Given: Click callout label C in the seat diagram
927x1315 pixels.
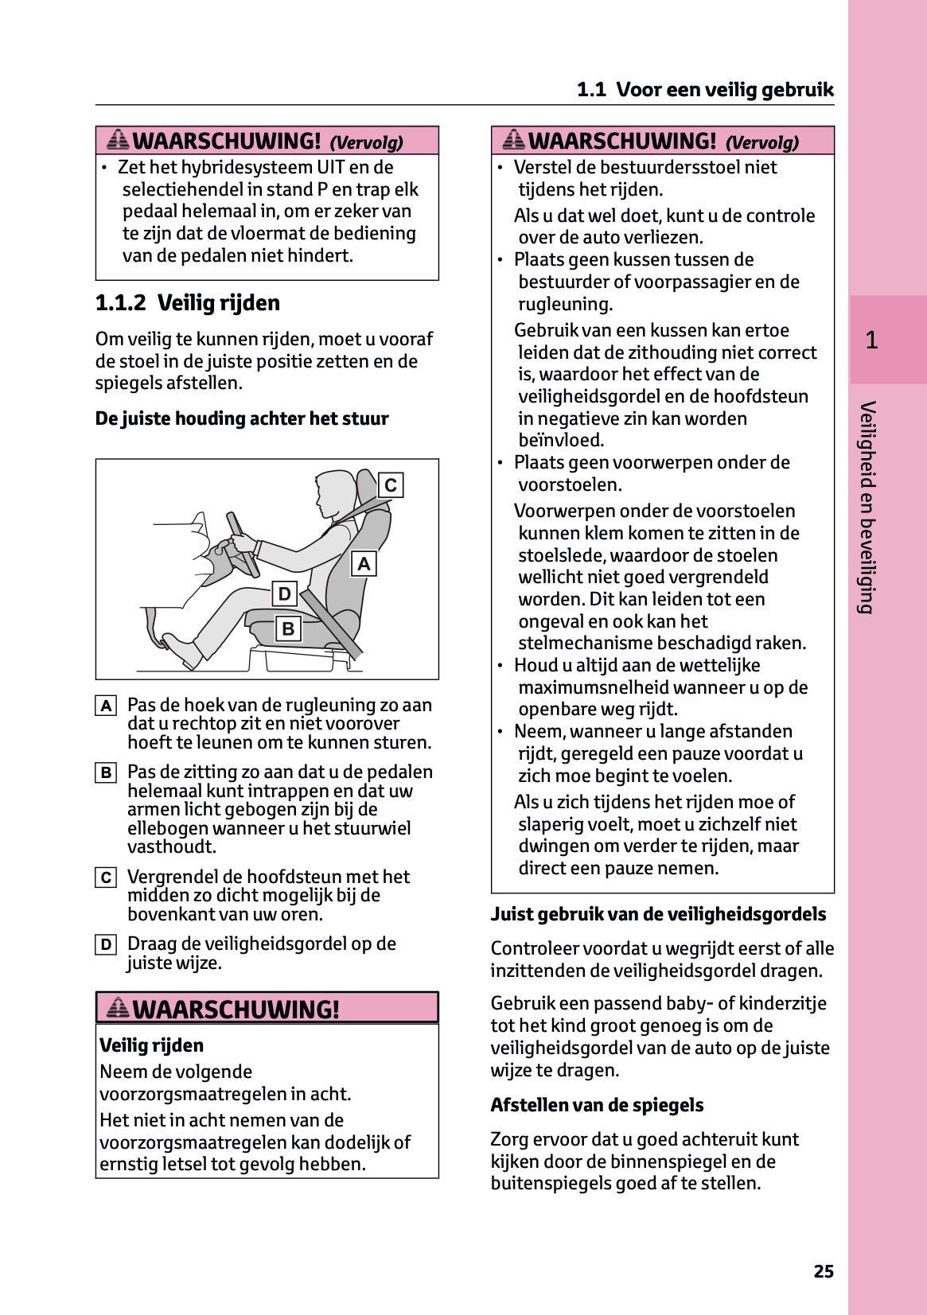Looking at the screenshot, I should [391, 485].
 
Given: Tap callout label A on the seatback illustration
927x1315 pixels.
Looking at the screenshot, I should [364, 564].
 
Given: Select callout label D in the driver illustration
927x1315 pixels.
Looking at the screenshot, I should [284, 594].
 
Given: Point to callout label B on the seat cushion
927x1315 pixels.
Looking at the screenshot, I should [288, 628].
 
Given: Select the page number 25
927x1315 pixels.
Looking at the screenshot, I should [824, 1271].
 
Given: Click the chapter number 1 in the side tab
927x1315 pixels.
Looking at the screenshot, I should [871, 340].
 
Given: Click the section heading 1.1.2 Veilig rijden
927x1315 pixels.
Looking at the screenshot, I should [188, 303].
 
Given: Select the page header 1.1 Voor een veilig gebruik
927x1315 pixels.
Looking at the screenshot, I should [705, 90].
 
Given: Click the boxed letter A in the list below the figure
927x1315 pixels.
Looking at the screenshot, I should [106, 706].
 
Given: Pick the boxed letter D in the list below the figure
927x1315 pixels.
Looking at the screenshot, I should [106, 944].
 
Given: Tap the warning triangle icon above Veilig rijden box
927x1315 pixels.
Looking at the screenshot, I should [118, 1008].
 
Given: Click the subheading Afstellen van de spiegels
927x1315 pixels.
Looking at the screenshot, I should [597, 1105].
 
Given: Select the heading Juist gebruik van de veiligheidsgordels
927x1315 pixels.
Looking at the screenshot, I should [658, 915].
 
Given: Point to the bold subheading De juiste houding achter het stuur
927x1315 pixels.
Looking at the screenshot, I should [242, 418].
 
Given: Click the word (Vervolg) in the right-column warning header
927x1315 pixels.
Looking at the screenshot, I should [761, 142].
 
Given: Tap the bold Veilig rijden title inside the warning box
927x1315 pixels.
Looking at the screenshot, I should [151, 1045].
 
